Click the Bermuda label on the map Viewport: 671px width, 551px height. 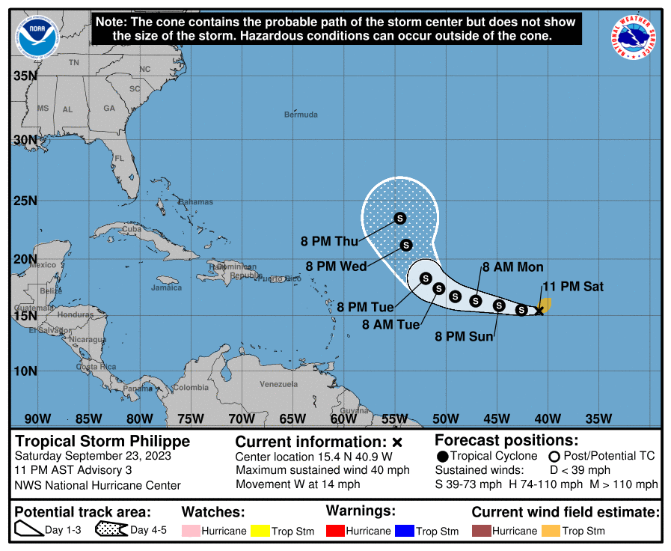pyautogui.click(x=301, y=115)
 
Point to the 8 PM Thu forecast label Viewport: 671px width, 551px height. pyautogui.click(x=329, y=241)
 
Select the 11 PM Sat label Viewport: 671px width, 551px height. pyautogui.click(x=572, y=286)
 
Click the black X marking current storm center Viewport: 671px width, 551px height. pyautogui.click(x=539, y=310)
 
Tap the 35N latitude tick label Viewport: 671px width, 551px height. pyautogui.click(x=25, y=76)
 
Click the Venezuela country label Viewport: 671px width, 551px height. pyautogui.click(x=278, y=384)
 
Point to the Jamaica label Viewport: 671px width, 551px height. pyautogui.click(x=166, y=287)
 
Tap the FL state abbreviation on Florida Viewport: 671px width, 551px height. pyautogui.click(x=119, y=159)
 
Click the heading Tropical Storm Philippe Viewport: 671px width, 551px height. pyautogui.click(x=103, y=441)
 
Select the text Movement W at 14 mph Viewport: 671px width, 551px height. pyautogui.click(x=298, y=484)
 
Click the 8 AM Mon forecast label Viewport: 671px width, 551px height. pyautogui.click(x=512, y=267)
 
